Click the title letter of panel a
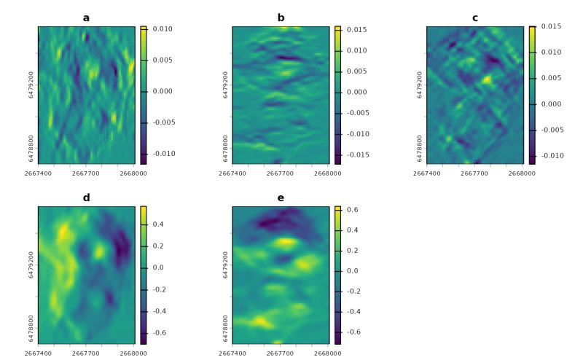(86, 17)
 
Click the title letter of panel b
(281, 17)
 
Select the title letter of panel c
(475, 17)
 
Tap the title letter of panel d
(86, 197)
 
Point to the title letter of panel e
(281, 197)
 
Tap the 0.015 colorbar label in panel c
(551, 27)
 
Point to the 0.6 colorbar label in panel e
(352, 210)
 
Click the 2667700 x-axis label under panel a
(86, 174)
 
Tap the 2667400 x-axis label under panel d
(38, 354)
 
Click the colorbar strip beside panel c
(533, 95)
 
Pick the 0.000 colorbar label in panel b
(356, 92)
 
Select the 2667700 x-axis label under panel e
(281, 354)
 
